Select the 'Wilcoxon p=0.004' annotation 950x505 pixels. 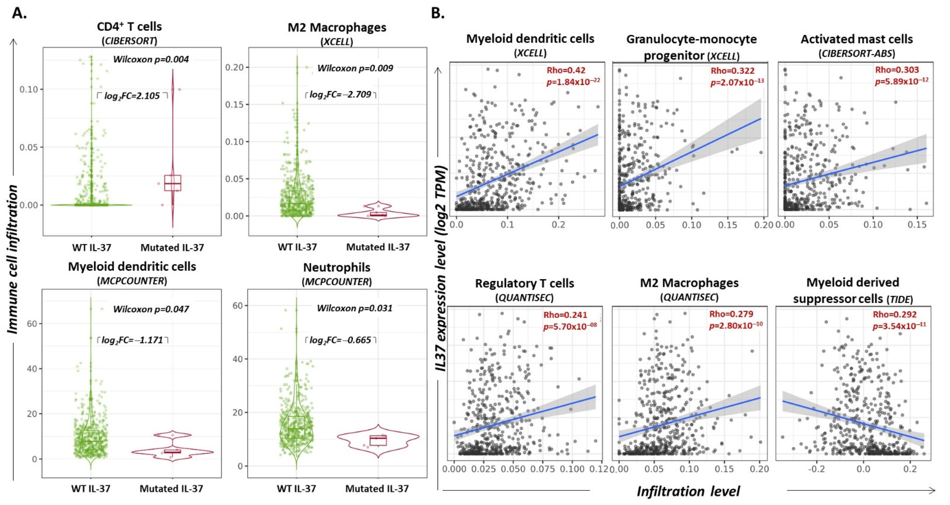coord(151,59)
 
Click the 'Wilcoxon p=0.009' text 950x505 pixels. coord(355,68)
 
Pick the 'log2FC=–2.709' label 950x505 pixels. coord(340,95)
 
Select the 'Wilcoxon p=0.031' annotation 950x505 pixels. coord(354,308)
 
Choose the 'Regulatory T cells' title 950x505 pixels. coord(524,283)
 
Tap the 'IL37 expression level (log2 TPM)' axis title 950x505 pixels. coord(442,268)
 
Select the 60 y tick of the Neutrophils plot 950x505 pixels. coord(238,306)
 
